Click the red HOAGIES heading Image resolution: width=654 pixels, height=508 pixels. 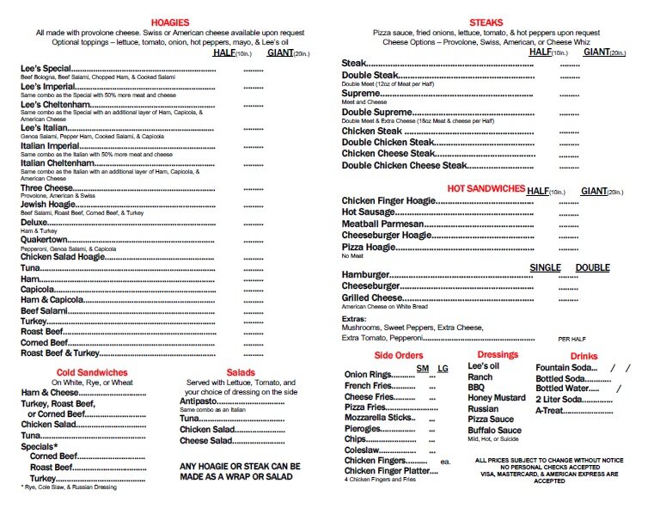170,21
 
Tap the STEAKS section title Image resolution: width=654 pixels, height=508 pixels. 487,21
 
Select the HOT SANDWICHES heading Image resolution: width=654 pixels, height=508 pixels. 485,188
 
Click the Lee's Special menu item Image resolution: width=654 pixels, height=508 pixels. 46,68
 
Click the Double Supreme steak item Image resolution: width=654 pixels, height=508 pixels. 377,113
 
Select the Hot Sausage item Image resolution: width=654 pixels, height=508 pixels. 368,211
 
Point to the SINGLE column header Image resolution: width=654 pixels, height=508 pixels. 545,268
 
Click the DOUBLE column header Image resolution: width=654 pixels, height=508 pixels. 592,268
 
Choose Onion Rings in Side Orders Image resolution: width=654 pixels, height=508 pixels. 367,375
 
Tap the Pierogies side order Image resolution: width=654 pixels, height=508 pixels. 363,426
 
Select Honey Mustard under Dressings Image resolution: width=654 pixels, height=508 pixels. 496,398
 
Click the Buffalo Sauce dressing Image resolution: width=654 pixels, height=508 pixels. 494,431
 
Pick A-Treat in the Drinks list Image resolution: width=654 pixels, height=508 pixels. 556,410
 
